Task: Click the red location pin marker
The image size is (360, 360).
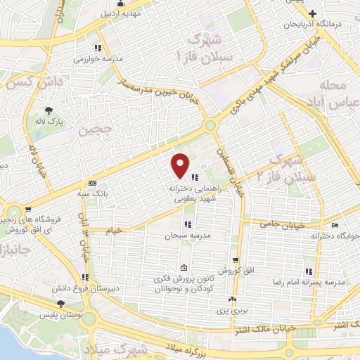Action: tap(181, 165)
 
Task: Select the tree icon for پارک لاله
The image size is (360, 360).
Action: tap(49, 110)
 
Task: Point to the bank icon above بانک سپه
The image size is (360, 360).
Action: tap(92, 181)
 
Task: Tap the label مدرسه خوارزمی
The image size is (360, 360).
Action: tap(98, 60)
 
